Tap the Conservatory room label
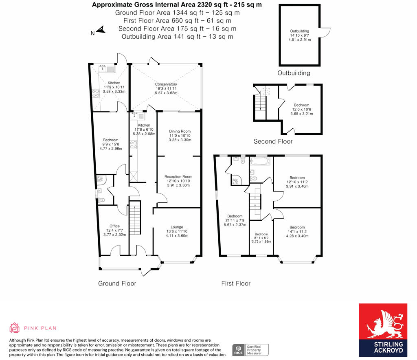pos(166,84)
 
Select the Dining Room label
pos(180,131)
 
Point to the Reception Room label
pos(178,177)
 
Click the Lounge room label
pos(177,227)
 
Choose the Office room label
pos(114,226)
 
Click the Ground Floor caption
pos(117,283)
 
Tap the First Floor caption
pos(236,283)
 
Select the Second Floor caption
pos(273,141)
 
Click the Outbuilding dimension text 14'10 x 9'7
pos(299,35)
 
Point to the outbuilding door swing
pos(325,32)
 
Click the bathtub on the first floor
pos(260,161)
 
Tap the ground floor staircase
pos(135,217)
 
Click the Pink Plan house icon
pos(14,328)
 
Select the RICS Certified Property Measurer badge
pos(250,350)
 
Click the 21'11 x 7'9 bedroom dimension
pos(235,220)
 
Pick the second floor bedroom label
pos(302,105)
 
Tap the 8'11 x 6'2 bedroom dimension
pos(261,238)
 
